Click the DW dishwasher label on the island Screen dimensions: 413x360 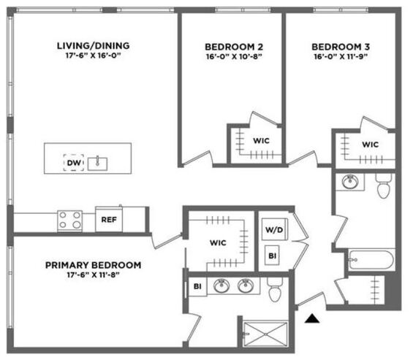pyautogui.click(x=74, y=163)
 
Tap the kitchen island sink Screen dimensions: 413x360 pyautogui.click(x=97, y=164)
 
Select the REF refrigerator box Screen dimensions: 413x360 pyautogui.click(x=109, y=219)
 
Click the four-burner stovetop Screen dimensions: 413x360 pyautogui.click(x=69, y=221)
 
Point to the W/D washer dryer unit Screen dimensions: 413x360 pyautogui.click(x=274, y=229)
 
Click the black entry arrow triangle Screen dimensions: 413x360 pyautogui.click(x=312, y=318)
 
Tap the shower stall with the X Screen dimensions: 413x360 pyautogui.click(x=265, y=334)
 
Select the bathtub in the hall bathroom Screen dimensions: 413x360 pyautogui.click(x=371, y=260)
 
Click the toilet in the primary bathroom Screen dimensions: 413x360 pyautogui.click(x=275, y=289)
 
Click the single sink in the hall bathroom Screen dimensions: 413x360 pyautogui.click(x=350, y=181)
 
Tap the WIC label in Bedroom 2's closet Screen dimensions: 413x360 pyautogui.click(x=261, y=140)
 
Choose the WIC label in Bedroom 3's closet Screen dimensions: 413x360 pyautogui.click(x=370, y=144)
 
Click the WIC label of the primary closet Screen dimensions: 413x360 pyautogui.click(x=218, y=242)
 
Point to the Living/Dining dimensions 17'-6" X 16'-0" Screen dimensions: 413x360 pyautogui.click(x=93, y=55)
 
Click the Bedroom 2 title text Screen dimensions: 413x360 pyautogui.click(x=234, y=47)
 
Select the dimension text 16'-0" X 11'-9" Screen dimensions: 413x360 pyautogui.click(x=341, y=56)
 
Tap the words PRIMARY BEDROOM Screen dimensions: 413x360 pyautogui.click(x=94, y=265)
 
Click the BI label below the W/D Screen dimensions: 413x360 pyautogui.click(x=272, y=256)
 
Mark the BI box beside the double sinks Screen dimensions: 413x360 pyautogui.click(x=197, y=286)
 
